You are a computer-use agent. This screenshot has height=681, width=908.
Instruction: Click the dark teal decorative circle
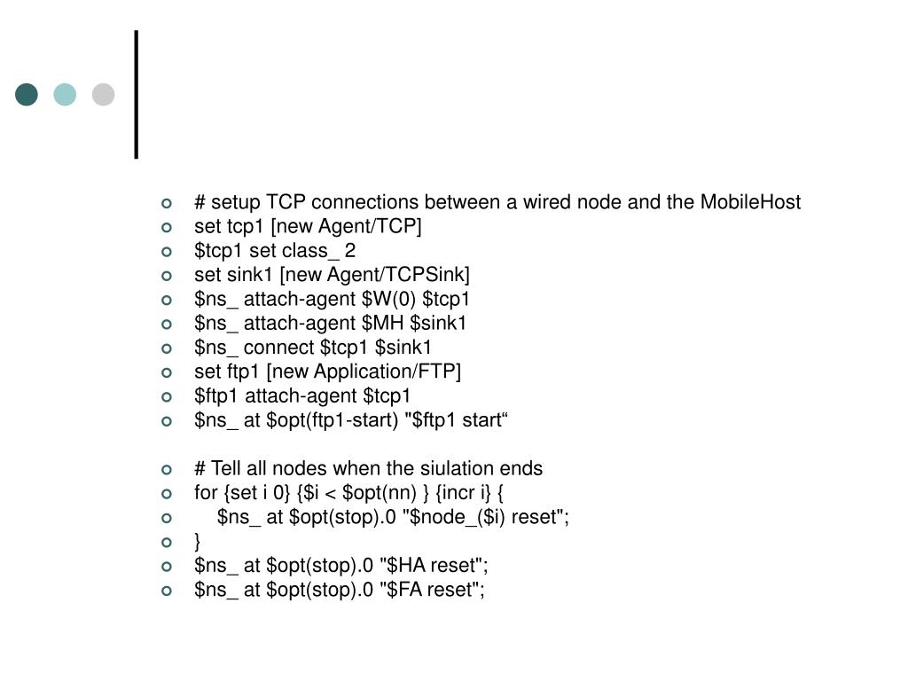27,94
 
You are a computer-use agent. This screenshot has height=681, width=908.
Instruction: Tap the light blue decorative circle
65,94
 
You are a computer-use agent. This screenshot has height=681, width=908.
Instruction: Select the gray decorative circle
104,94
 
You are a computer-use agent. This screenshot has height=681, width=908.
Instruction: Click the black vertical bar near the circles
137,94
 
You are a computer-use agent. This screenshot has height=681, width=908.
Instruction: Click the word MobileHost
750,202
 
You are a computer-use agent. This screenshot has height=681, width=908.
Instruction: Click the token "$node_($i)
456,517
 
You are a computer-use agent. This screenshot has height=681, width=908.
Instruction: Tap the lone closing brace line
198,541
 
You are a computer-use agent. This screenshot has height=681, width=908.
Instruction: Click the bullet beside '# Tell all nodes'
166,468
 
